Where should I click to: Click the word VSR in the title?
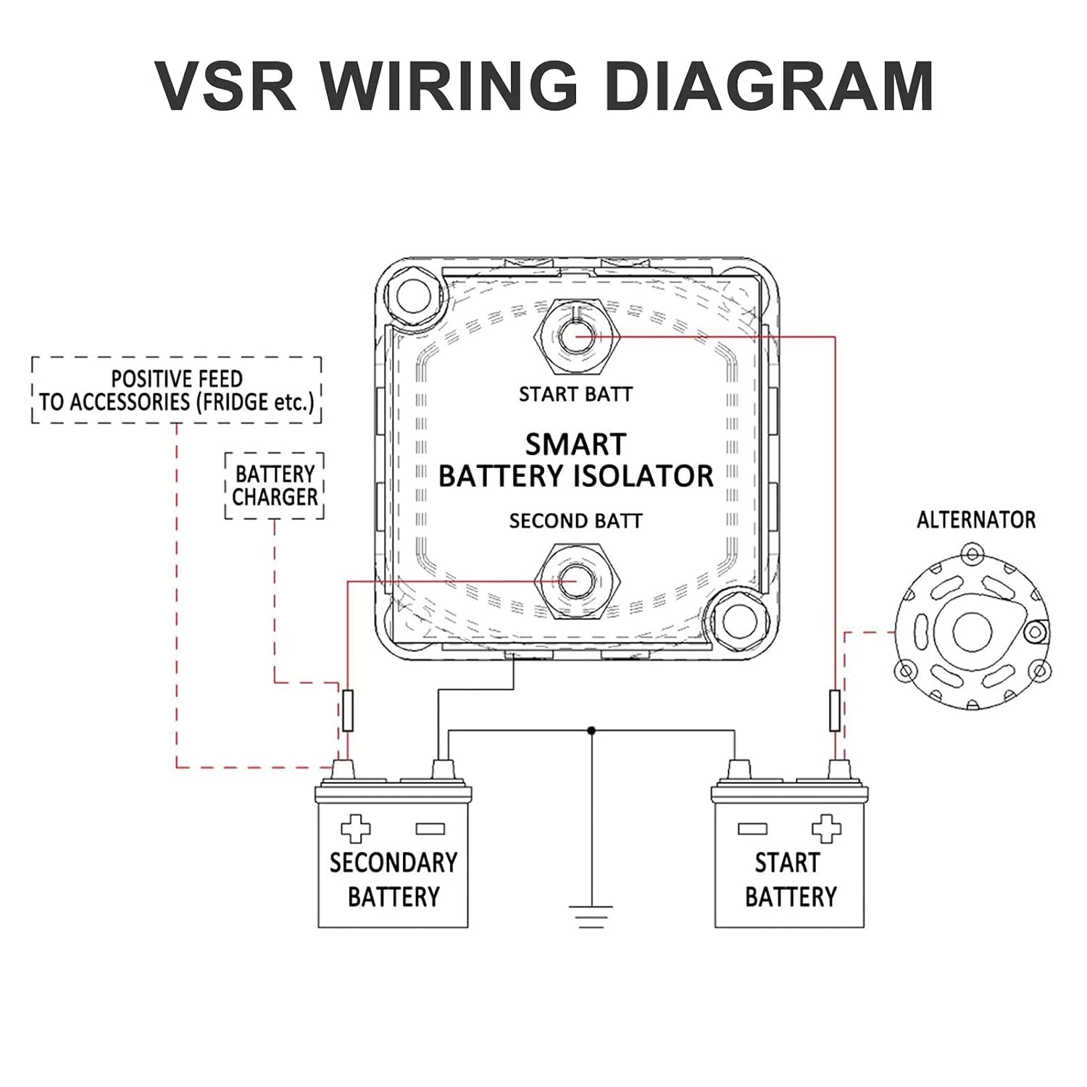point(226,86)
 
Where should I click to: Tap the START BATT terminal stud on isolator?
point(576,337)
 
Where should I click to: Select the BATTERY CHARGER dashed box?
point(275,486)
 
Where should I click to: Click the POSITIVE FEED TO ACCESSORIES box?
point(177,390)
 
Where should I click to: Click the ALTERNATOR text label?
point(975,520)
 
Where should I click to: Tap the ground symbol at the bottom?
point(591,916)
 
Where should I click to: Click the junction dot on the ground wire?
point(591,730)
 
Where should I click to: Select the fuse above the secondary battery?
point(347,710)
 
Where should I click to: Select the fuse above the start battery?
point(834,710)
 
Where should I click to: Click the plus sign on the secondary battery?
point(355,828)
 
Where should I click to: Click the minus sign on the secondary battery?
point(430,828)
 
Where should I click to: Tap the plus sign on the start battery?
point(826,828)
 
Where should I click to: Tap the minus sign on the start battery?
point(751,828)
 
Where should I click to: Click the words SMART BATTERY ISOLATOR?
point(576,460)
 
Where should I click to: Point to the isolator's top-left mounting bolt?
point(410,294)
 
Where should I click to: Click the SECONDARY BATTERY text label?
point(393,879)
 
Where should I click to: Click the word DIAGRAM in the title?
point(768,86)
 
